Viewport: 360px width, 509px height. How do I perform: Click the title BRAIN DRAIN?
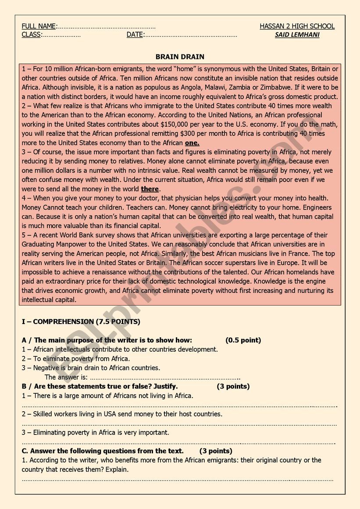coord(180,57)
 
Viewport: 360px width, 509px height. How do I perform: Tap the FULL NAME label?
coord(39,26)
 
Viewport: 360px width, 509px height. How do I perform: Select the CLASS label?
coord(32,35)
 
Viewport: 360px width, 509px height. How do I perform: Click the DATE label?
coord(135,35)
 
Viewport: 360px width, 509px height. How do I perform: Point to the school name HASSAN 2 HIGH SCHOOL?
coord(297,26)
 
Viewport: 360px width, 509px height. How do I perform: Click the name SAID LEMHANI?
coord(297,35)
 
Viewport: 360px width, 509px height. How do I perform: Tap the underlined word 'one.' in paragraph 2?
coord(192,143)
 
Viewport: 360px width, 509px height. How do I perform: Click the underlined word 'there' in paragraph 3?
coord(150,189)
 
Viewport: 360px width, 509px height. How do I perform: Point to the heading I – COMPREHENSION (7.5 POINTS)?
coord(81,322)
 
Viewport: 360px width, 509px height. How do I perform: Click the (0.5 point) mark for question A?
coord(243,340)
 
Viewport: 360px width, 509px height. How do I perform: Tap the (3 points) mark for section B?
coord(233,386)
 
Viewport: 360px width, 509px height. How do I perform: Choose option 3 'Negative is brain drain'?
coord(91,368)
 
